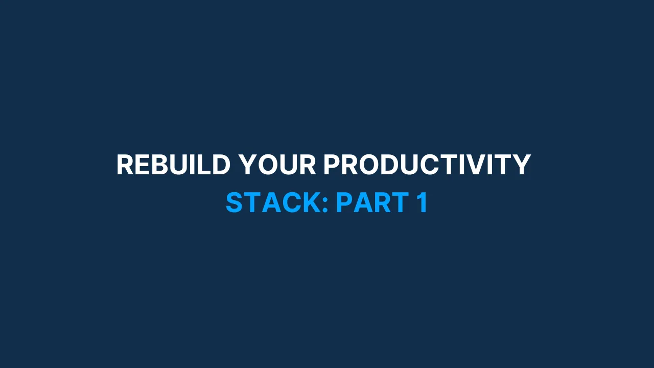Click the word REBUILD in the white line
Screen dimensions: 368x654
(173, 165)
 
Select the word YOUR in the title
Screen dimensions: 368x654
(277, 165)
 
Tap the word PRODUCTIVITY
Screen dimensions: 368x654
(427, 165)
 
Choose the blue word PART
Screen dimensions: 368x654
(372, 203)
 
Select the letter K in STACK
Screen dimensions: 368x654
(311, 203)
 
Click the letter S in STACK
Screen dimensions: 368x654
(235, 203)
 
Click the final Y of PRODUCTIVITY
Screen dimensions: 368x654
(521, 165)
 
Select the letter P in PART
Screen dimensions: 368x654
(345, 203)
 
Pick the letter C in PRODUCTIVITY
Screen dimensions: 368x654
(429, 165)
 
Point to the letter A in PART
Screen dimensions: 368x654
(363, 203)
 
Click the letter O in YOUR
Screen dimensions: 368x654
(267, 165)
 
